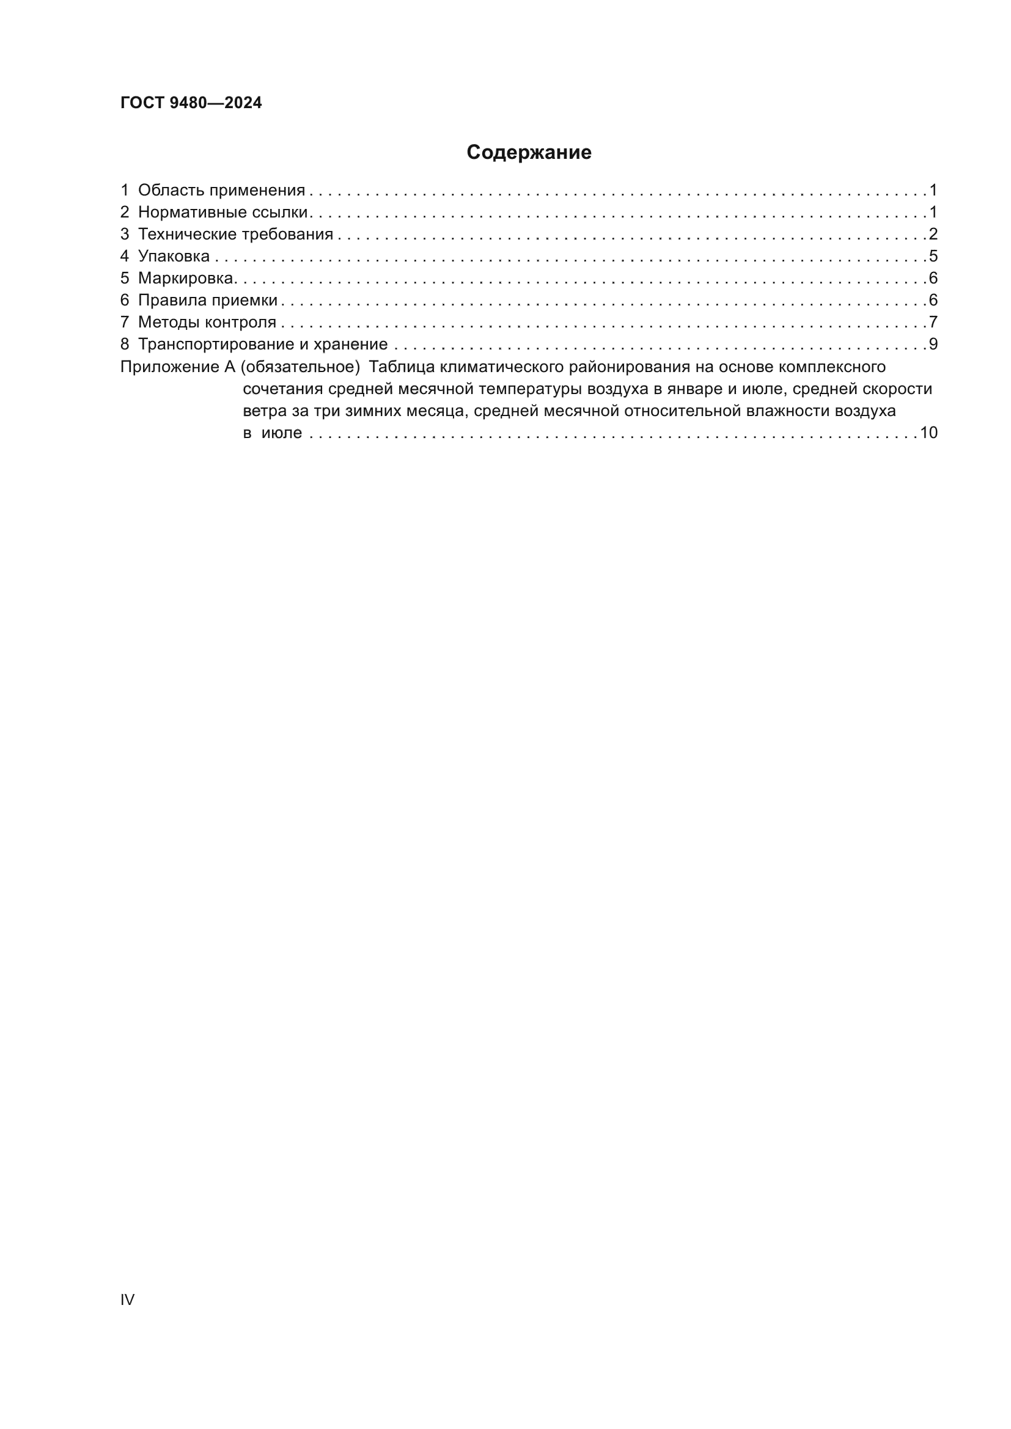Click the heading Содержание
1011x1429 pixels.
tap(529, 153)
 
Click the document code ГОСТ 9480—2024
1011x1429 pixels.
tap(191, 103)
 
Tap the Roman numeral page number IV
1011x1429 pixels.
tap(127, 1299)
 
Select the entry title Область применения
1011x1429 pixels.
tap(222, 191)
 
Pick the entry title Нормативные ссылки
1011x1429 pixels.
tap(223, 212)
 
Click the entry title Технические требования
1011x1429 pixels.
tap(235, 235)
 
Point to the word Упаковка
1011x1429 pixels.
tap(174, 257)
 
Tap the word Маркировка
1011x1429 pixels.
tap(186, 278)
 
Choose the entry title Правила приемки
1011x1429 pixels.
tap(208, 301)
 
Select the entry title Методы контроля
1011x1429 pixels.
tap(207, 323)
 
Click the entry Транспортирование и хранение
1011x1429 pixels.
tap(263, 344)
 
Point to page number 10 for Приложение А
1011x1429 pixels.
tap(928, 433)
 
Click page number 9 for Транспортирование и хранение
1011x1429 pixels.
tap(933, 344)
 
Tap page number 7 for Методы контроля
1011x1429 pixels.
tap(933, 323)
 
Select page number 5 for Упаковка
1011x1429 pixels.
tap(933, 257)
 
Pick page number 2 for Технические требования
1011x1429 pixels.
tap(933, 235)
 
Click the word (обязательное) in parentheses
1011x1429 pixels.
tap(300, 367)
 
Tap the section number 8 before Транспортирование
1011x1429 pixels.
tap(125, 344)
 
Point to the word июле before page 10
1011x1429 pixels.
tap(281, 433)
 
